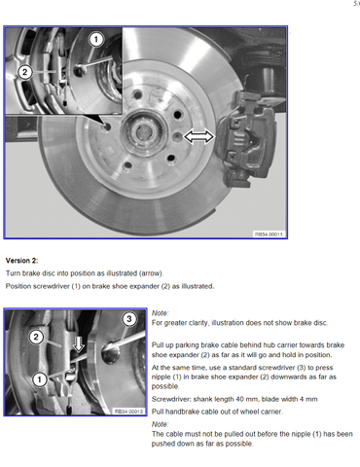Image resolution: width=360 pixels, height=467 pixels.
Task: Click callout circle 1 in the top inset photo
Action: [95, 40]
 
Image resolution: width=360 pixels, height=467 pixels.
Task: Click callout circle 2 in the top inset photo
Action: [24, 72]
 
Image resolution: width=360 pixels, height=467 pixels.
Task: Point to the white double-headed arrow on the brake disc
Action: [199, 136]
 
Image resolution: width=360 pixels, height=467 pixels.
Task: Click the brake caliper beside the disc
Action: [246, 139]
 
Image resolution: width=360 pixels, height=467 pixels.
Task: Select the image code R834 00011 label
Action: [269, 234]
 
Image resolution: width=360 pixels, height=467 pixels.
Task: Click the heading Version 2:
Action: [21, 261]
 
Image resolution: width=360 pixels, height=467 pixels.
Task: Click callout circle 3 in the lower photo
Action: [129, 319]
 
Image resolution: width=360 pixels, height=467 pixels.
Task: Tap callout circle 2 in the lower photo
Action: [36, 337]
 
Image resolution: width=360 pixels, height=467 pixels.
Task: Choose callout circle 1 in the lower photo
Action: [40, 379]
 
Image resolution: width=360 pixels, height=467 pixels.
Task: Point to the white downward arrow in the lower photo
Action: [78, 344]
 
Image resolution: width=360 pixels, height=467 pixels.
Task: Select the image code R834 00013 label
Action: [128, 412]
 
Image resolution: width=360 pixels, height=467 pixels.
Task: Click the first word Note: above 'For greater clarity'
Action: [160, 313]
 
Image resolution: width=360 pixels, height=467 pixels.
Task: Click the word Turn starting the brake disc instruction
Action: [13, 273]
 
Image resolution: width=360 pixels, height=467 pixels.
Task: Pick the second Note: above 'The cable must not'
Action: [160, 424]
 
